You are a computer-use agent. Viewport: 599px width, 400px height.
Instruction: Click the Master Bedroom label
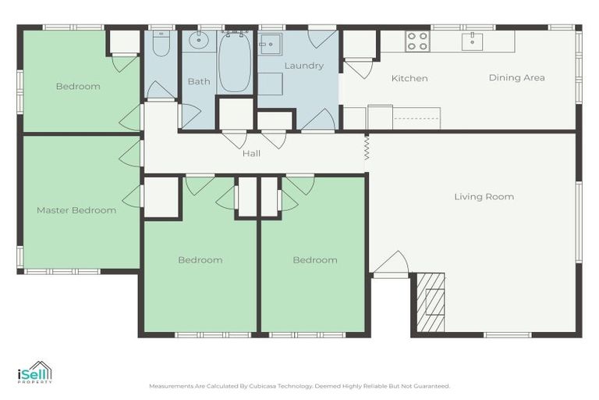tap(76, 210)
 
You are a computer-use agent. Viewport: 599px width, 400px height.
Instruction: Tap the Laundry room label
tap(303, 66)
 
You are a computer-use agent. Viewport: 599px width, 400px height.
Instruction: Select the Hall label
tap(251, 153)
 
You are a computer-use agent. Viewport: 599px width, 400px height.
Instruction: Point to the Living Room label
tap(484, 197)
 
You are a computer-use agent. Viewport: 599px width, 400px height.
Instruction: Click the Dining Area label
tap(517, 77)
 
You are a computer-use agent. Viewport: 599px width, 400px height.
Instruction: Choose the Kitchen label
tap(409, 78)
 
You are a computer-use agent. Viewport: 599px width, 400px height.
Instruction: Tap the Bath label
tap(199, 81)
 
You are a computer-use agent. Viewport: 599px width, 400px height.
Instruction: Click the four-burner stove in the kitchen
tap(417, 41)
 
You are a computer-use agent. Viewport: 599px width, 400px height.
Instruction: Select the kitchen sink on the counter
tap(472, 41)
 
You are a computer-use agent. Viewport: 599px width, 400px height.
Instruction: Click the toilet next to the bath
tap(161, 43)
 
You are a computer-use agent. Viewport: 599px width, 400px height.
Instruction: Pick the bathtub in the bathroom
tap(235, 62)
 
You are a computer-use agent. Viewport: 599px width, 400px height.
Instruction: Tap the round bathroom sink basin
tap(199, 41)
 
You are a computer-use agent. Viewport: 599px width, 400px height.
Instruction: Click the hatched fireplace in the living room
tap(431, 302)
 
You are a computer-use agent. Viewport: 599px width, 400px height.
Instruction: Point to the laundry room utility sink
tap(270, 45)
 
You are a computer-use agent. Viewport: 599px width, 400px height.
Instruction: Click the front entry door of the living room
tap(391, 264)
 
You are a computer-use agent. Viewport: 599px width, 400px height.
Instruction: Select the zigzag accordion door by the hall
tap(366, 148)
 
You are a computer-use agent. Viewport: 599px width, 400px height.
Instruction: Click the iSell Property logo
tap(35, 372)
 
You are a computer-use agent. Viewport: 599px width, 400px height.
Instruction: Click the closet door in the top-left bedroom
tap(125, 64)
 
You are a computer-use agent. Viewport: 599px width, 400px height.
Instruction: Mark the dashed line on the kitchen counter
tap(416, 119)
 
